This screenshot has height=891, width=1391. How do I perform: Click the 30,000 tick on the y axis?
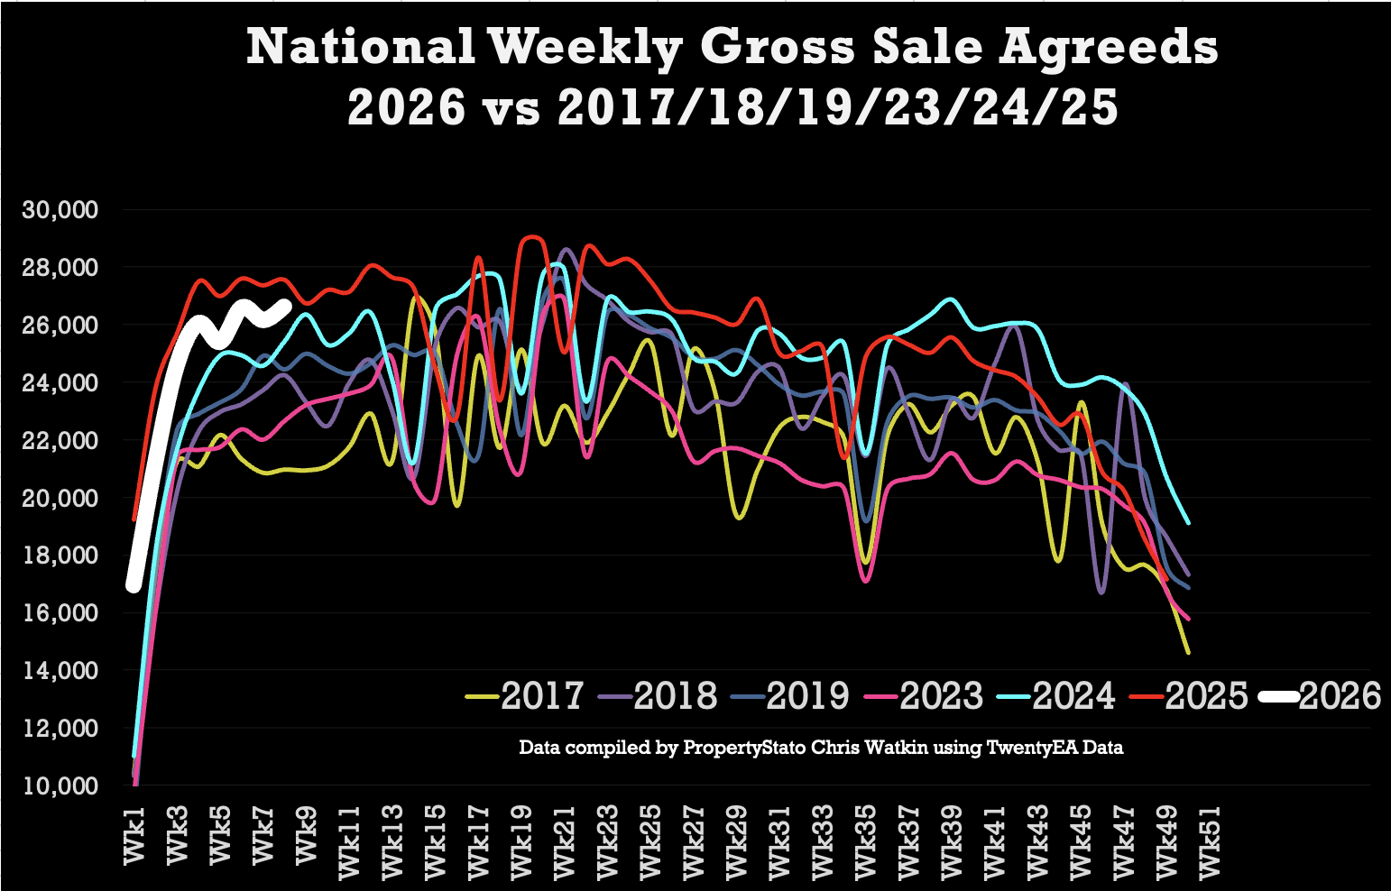(59, 210)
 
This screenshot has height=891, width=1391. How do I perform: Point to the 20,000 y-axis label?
(59, 498)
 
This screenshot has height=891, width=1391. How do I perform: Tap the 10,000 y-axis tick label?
(59, 785)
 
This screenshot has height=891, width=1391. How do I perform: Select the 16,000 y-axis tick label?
(59, 613)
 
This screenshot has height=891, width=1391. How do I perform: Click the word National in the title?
(360, 47)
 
